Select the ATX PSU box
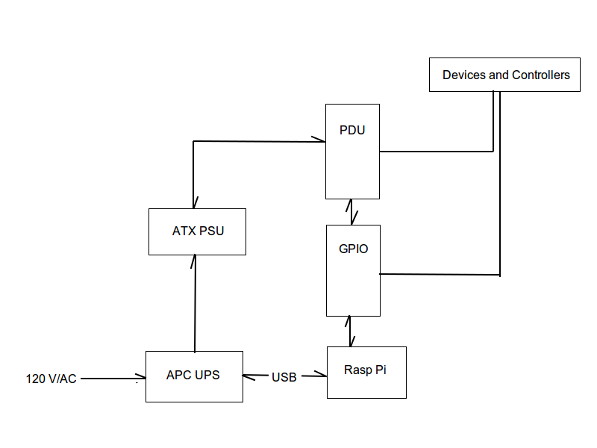(197, 231)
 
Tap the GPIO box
(353, 270)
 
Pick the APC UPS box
(194, 376)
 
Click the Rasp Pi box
(366, 372)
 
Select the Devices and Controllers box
(504, 75)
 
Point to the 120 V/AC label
(51, 379)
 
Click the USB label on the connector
(284, 377)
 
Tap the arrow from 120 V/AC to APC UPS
(112, 379)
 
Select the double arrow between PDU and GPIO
(350, 211)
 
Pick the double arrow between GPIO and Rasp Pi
(349, 331)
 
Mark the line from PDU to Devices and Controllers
(437, 151)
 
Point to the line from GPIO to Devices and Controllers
(440, 274)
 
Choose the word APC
(179, 375)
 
